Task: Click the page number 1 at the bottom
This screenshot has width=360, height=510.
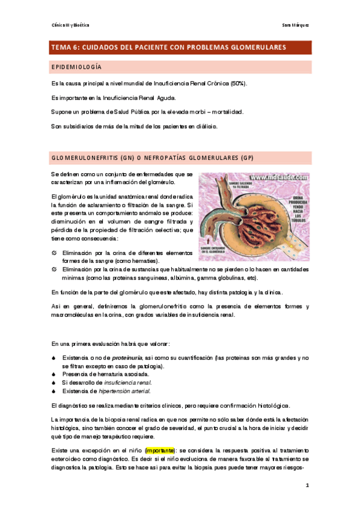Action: (x=307, y=484)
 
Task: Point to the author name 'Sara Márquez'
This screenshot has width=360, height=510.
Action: (x=295, y=25)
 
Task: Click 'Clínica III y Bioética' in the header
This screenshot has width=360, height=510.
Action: (x=70, y=25)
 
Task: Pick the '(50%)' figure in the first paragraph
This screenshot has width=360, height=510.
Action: (x=236, y=83)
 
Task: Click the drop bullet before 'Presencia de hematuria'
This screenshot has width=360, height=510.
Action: (x=54, y=374)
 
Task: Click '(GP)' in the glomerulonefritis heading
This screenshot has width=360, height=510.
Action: (x=247, y=158)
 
